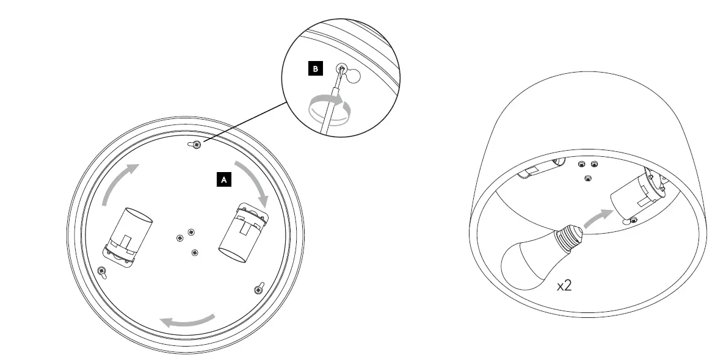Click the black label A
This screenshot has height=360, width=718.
(x=224, y=179)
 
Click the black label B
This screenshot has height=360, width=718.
(x=315, y=70)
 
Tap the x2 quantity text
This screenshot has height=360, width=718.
(x=564, y=286)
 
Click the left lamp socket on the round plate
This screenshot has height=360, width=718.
(x=129, y=236)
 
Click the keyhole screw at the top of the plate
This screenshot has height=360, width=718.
(x=196, y=143)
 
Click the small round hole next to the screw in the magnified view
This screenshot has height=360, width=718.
(x=353, y=76)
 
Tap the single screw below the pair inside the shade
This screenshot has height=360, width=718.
(x=588, y=178)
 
